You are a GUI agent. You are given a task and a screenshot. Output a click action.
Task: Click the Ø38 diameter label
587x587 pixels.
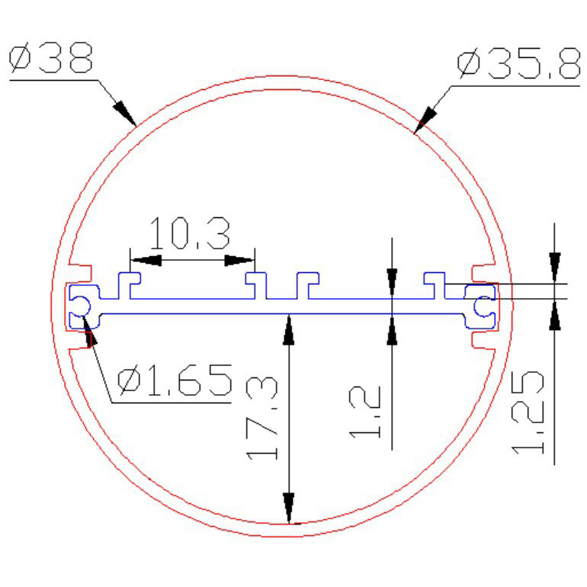51,57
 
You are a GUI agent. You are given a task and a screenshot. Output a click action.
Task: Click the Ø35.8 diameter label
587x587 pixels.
519,63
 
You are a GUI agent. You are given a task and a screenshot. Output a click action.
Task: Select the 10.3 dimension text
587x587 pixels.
190,233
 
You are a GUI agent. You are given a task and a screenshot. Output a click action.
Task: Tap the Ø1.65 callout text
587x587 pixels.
175,380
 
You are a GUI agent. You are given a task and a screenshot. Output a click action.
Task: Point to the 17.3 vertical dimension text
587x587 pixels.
261,419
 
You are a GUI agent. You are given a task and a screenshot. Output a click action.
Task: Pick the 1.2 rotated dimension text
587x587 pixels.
364,412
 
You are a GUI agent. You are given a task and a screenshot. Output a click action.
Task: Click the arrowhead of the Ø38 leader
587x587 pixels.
124,113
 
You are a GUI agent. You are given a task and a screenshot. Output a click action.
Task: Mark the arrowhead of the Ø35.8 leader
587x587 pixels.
425,120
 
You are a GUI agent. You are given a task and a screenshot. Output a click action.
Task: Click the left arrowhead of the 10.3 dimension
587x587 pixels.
146,260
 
